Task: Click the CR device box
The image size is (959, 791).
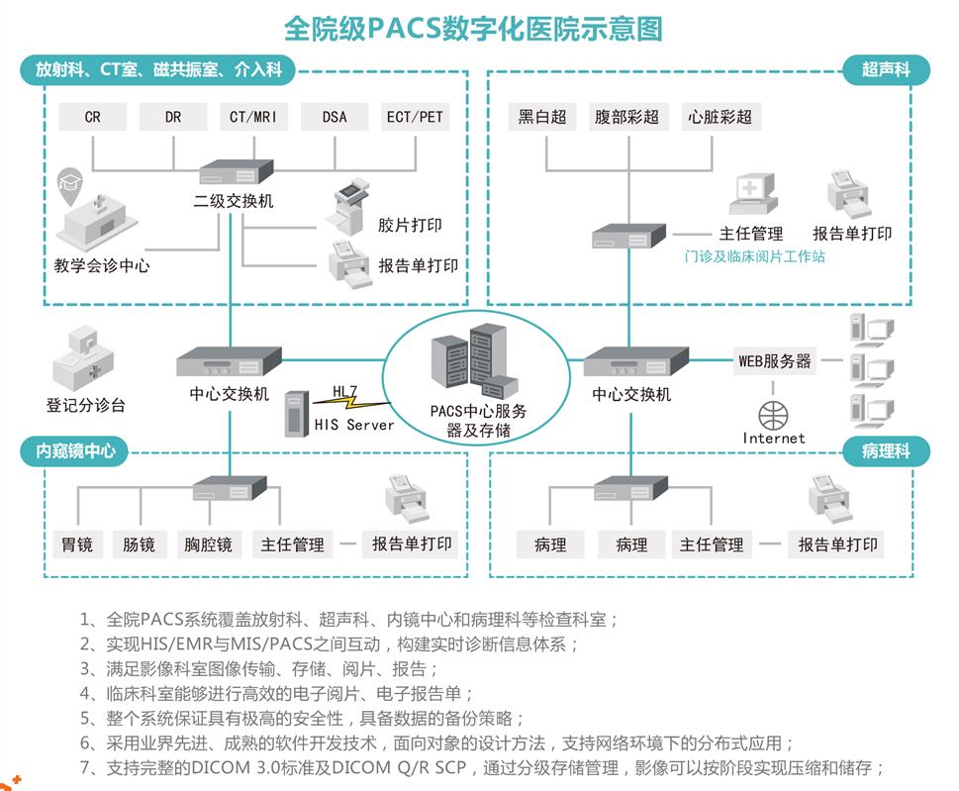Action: tap(92, 117)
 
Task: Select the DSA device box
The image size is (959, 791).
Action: tap(335, 117)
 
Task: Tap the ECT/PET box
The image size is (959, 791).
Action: tap(415, 117)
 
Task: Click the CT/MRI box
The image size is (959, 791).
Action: tap(253, 117)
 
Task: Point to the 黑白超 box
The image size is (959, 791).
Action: tap(542, 117)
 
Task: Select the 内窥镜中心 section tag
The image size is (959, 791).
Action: tap(75, 451)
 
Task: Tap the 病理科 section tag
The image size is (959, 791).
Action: tap(886, 451)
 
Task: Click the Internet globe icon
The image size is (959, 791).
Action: tap(774, 413)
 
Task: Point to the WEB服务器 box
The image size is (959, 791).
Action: tap(775, 361)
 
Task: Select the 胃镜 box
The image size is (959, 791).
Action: tap(77, 544)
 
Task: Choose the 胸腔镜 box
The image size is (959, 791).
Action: tap(208, 544)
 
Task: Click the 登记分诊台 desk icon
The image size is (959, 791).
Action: tap(83, 358)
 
